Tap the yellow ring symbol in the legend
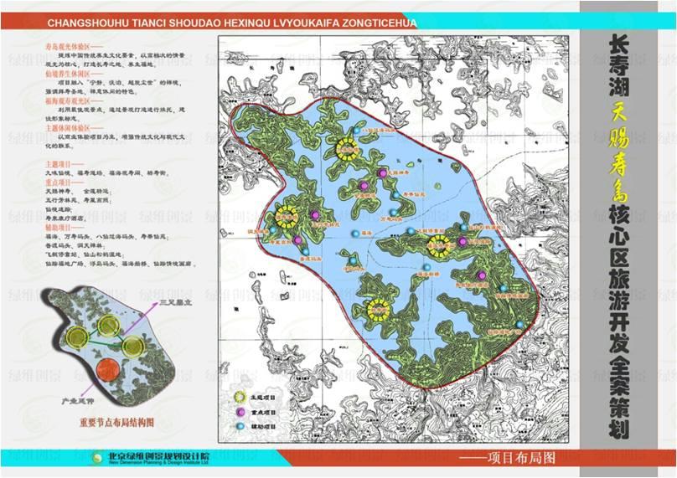[x=238, y=399]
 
